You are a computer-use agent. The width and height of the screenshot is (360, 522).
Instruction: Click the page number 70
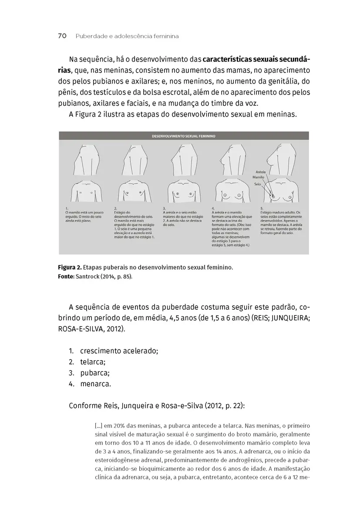62,36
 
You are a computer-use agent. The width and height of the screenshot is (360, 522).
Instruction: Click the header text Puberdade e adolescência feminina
127,36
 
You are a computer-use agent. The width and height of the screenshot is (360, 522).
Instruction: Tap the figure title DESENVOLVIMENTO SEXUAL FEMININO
183,136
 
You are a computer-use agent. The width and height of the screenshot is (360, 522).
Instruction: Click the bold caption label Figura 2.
69,267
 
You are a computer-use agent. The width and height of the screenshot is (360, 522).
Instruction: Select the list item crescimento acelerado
119,351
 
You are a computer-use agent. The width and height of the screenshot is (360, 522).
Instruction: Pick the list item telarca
93,361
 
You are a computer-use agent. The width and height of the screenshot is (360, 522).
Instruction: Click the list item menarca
96,384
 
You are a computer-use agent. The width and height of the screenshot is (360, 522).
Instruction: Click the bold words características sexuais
241,59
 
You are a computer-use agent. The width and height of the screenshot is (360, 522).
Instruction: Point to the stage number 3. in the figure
165,208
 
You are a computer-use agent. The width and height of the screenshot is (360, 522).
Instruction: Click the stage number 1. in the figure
67,208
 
